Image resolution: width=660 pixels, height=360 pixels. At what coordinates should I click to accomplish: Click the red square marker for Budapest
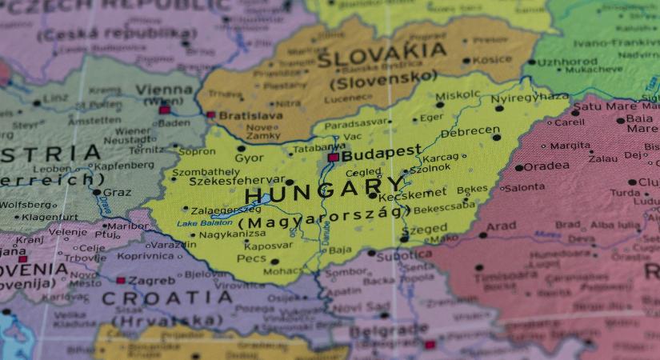332,158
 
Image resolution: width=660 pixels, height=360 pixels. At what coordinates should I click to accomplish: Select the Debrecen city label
470,131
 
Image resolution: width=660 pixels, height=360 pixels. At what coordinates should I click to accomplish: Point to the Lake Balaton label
204,222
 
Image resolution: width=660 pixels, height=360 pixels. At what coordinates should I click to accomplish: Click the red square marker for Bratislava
211,115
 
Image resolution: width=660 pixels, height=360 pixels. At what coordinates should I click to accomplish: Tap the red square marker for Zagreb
121,281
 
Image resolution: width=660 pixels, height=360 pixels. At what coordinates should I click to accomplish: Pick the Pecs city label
252,259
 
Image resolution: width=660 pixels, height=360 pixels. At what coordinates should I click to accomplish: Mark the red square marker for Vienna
165,110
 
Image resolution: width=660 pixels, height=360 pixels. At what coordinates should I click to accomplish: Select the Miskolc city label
458,94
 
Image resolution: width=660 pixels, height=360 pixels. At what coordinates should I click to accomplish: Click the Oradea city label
547,166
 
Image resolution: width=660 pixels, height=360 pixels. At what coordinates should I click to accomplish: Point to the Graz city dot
97,192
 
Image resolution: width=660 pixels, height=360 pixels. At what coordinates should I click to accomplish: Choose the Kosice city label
492,60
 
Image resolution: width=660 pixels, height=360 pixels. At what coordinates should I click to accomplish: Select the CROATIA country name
166,298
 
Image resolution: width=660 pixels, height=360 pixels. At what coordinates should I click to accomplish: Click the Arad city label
502,226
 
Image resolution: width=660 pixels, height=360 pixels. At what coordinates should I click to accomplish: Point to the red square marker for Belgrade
430,345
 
